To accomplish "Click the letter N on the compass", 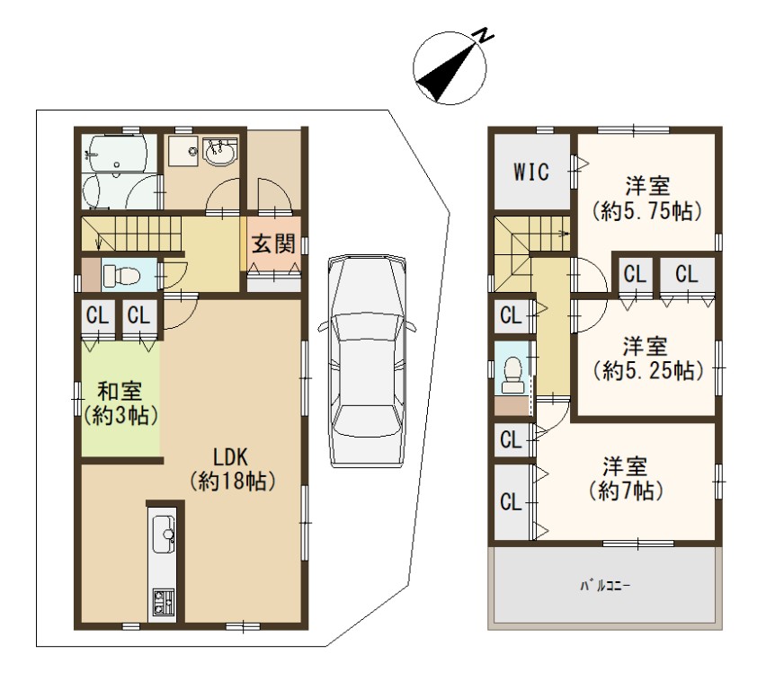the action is coord(484,35).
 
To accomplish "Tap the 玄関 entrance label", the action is coord(273,243).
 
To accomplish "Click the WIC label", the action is coord(531,172).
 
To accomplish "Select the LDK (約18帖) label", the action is coord(232,469).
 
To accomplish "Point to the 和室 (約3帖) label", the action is coord(120,403).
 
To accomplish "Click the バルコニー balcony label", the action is coord(605,585).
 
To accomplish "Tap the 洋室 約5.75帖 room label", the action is coord(647,199).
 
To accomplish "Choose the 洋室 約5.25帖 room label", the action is coord(648,358).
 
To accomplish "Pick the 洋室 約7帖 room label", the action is coord(625,478).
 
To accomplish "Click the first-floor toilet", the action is coord(120,275).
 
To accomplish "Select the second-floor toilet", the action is coord(512,376).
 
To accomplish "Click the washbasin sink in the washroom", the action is coord(219,152).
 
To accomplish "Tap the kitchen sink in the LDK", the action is coord(163,535).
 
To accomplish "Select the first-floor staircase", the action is coord(132,233).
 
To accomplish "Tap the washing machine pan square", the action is coord(184,150).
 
